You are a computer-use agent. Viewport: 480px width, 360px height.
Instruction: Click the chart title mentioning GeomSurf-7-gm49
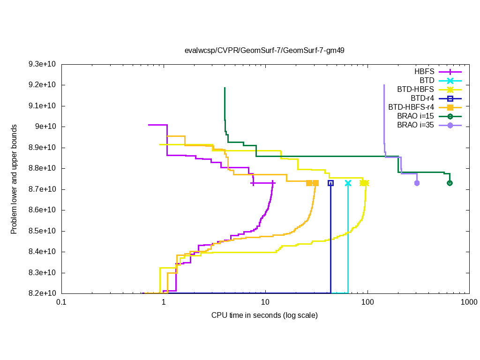(x=264, y=50)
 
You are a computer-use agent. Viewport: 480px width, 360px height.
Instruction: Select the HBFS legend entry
(x=424, y=72)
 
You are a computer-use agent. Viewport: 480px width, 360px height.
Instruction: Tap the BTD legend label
(x=427, y=81)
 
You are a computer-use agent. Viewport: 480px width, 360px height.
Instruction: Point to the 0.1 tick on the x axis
(x=61, y=303)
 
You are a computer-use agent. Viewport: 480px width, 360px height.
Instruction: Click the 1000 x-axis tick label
(x=469, y=303)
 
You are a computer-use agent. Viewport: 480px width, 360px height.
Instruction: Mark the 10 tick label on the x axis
(x=265, y=303)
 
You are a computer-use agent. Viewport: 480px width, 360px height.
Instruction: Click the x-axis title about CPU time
(x=264, y=315)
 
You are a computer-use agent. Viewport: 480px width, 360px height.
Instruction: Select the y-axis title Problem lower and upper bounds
(x=14, y=180)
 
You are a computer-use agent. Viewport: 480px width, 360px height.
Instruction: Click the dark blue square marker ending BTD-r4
(x=330, y=183)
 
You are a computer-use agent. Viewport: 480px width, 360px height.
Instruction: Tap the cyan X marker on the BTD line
(x=348, y=183)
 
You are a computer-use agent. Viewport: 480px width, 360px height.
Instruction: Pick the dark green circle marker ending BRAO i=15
(x=450, y=183)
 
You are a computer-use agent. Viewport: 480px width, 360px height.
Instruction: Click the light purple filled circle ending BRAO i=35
(x=417, y=183)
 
